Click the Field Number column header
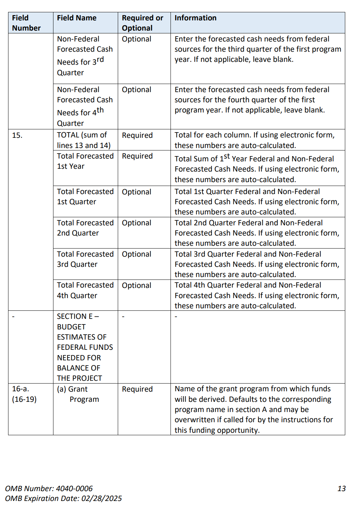(x=26, y=23)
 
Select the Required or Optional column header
(x=142, y=23)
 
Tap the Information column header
(x=195, y=18)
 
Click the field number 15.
(x=17, y=135)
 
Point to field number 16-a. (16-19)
(x=24, y=394)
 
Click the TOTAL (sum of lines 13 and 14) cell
(x=84, y=140)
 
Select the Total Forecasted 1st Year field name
(x=85, y=161)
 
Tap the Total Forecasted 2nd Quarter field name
(x=85, y=228)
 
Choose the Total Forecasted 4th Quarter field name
(x=85, y=290)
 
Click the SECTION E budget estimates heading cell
(x=85, y=347)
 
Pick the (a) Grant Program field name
(x=78, y=394)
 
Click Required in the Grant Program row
(x=137, y=389)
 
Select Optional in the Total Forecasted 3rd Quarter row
(x=136, y=254)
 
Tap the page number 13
(x=341, y=489)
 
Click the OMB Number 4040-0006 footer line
(x=49, y=489)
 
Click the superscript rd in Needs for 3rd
(x=100, y=59)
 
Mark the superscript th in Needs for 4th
(x=100, y=110)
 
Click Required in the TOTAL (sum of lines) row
(x=137, y=135)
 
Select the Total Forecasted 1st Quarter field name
(x=85, y=197)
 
